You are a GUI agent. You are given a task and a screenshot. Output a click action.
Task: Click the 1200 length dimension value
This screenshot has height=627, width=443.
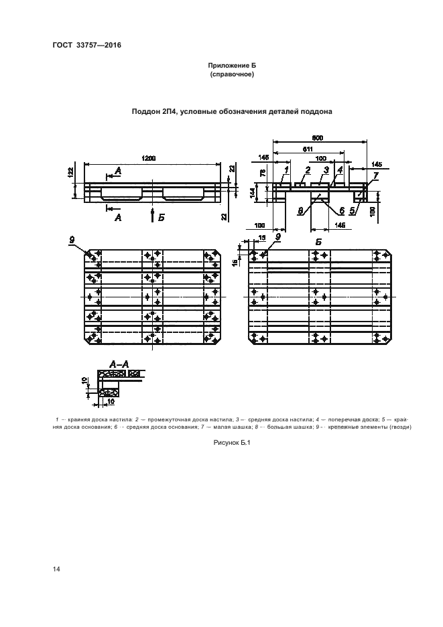click(x=148, y=158)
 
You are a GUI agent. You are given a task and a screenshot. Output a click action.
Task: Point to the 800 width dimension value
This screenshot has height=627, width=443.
click(x=318, y=137)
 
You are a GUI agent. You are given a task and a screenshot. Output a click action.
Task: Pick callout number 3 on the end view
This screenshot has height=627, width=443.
click(x=326, y=171)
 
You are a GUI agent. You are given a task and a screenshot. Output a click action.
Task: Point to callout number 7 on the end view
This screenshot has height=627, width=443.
click(x=375, y=176)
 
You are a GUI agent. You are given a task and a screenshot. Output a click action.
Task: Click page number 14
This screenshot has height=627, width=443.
click(x=56, y=569)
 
